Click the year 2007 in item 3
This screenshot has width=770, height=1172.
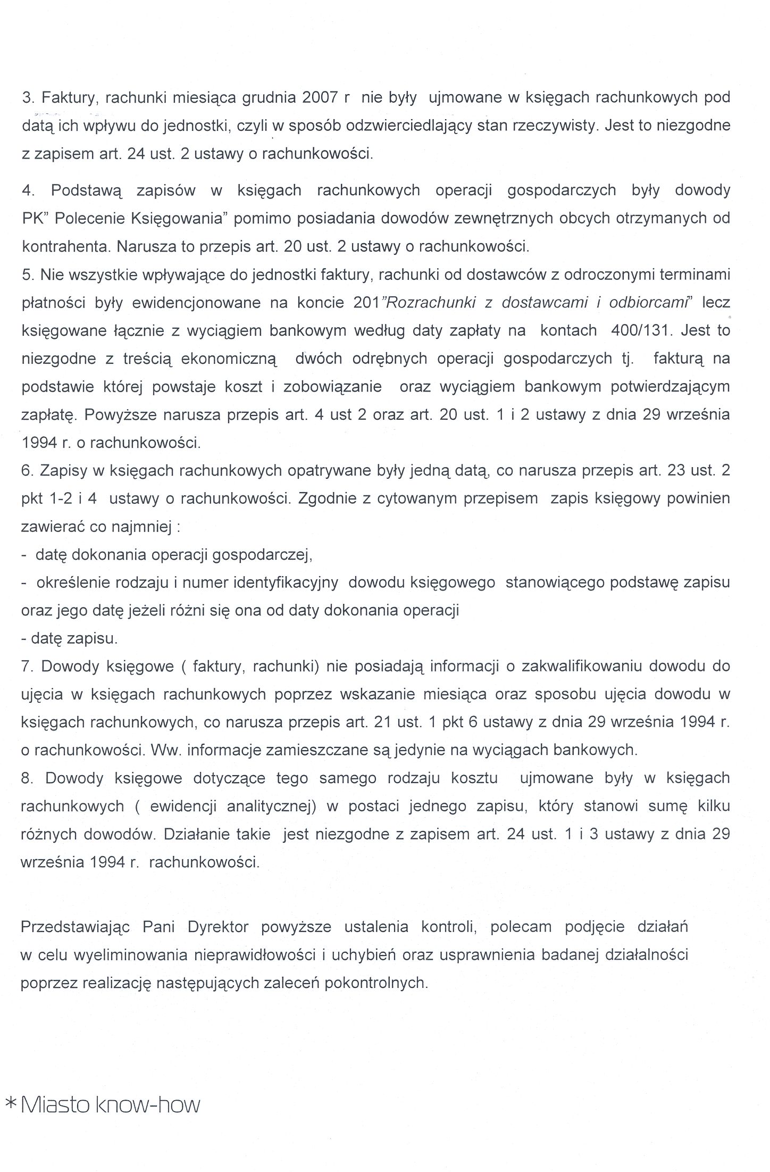coord(320,97)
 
